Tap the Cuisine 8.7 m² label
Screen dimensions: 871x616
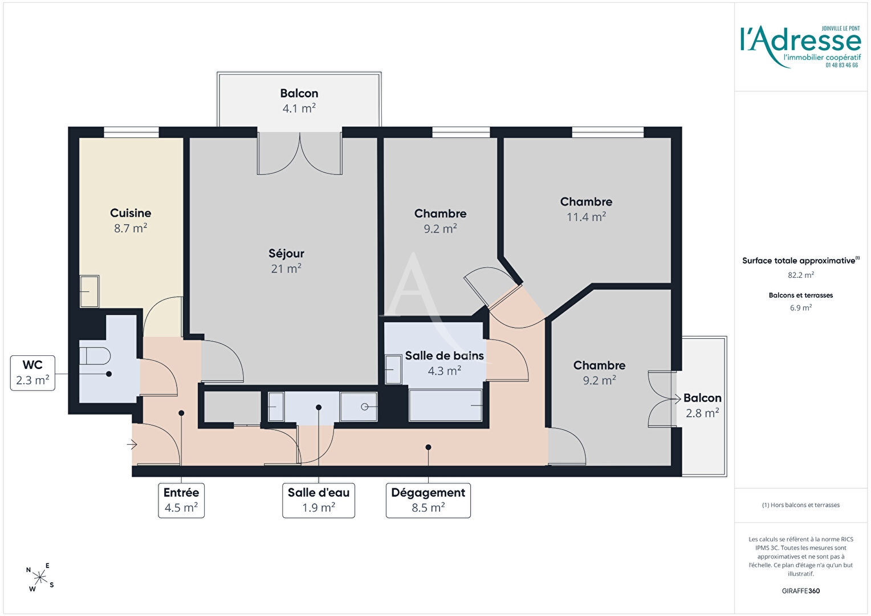[131, 221]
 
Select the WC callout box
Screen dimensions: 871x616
[32, 373]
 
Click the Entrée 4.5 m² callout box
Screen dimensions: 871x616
[181, 500]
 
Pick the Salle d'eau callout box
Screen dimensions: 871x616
[319, 500]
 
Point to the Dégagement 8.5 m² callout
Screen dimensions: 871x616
[428, 500]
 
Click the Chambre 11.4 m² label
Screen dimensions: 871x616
[586, 209]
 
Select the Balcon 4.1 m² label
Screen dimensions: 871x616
[299, 101]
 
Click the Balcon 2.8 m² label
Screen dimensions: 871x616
[702, 406]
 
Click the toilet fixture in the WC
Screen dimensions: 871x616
[95, 356]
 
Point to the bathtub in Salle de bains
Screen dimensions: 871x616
[446, 405]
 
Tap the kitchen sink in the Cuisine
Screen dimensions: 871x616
[89, 291]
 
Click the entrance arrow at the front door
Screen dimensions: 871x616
[132, 444]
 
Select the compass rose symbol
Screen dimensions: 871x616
[40, 577]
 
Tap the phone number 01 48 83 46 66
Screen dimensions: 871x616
[842, 66]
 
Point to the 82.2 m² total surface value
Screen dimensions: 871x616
[801, 275]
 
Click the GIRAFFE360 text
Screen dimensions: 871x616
[801, 591]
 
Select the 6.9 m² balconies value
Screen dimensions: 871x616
[801, 307]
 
